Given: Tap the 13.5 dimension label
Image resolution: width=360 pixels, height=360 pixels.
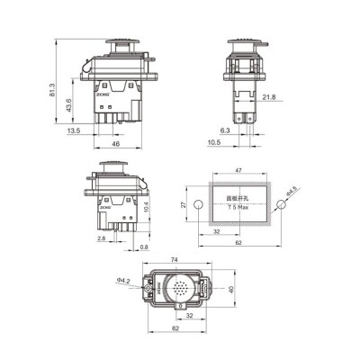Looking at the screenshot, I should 76,130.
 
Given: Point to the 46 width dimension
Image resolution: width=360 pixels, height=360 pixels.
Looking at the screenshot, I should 115,143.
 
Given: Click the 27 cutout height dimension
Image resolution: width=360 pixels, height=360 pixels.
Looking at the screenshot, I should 184,204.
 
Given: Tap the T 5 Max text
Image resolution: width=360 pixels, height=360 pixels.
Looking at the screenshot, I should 237,208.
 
